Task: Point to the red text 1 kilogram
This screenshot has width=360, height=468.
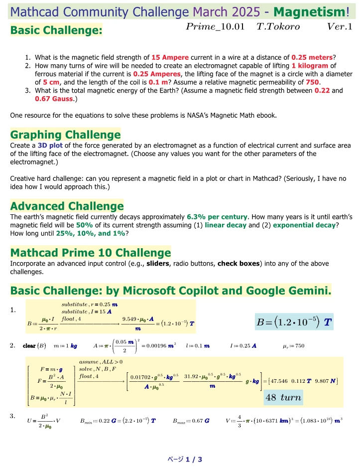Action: click(310, 65)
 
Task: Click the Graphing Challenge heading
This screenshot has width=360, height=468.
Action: click(65, 135)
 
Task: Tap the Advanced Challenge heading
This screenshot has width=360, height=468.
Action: click(67, 206)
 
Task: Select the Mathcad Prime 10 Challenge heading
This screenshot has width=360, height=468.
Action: click(90, 252)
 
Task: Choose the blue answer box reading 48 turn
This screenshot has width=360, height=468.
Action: click(281, 397)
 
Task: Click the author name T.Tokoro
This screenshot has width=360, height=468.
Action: click(278, 27)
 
